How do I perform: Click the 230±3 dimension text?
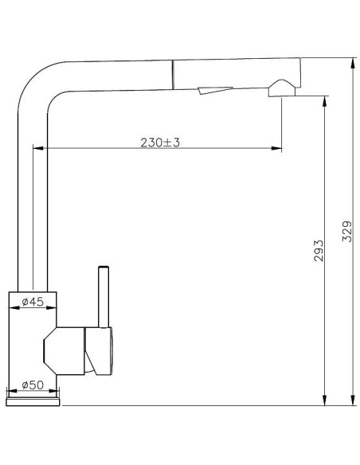coord(160,143)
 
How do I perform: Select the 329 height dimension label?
coord(347,232)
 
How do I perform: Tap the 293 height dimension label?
coord(319,251)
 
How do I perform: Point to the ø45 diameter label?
coord(33,302)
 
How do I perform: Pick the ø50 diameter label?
coord(33,385)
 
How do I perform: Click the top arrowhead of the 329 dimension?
coord(353,63)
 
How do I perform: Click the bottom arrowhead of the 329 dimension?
coord(353,400)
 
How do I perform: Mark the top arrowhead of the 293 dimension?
coord(325,101)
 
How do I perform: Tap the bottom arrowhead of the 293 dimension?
coord(325,400)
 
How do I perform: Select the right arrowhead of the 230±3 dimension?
coord(276,148)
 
